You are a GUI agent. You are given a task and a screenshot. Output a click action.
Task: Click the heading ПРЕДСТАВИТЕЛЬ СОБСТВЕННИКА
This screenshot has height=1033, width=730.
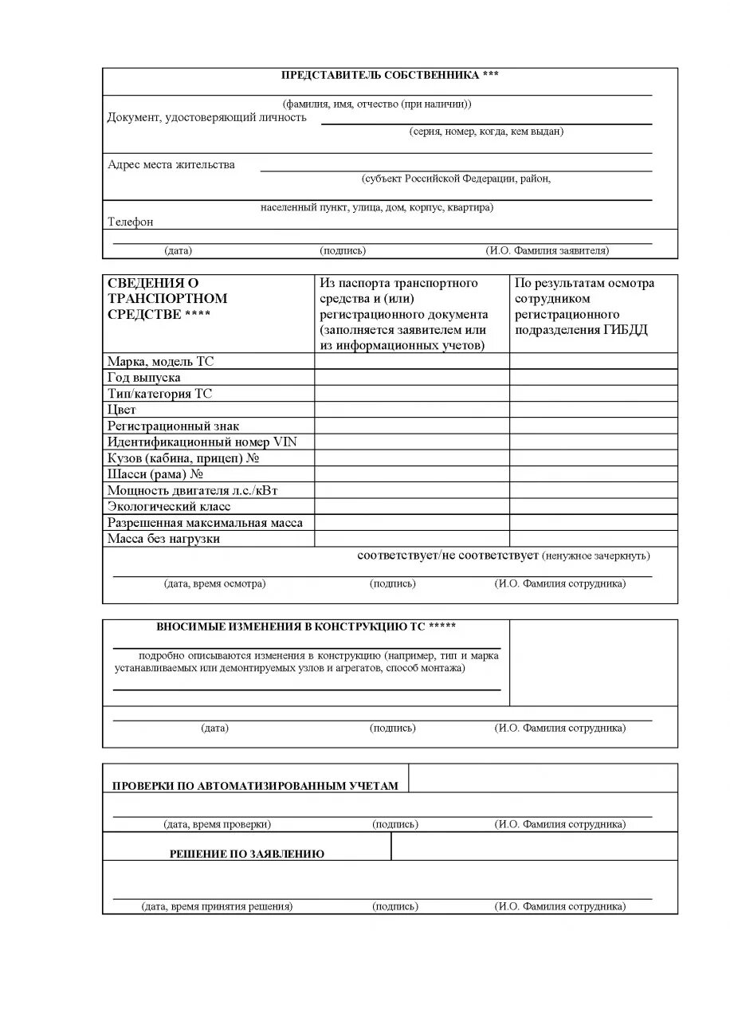tap(390, 75)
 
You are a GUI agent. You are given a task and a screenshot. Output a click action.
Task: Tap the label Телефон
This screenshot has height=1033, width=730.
tap(131, 222)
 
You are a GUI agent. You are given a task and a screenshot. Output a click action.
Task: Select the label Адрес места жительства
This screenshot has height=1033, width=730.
tap(171, 165)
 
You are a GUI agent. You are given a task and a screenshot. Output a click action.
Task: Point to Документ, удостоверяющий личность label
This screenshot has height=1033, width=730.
tap(206, 118)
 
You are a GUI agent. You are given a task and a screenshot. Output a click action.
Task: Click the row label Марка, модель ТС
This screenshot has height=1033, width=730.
tap(160, 362)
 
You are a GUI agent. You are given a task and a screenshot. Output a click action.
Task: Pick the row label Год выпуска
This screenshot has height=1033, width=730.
tap(144, 378)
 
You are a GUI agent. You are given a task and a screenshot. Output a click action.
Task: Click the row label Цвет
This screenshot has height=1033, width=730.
tap(122, 410)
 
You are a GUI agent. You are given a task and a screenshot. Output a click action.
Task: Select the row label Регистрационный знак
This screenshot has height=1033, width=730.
tap(173, 426)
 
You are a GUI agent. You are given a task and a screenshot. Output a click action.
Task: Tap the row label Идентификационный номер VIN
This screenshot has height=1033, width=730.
tap(202, 442)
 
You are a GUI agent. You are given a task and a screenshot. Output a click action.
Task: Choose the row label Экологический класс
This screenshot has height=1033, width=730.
tap(169, 506)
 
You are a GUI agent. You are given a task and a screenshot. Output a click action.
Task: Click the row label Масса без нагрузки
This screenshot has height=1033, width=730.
tap(163, 539)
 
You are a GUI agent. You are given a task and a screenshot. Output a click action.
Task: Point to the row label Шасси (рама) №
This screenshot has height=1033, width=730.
tap(157, 474)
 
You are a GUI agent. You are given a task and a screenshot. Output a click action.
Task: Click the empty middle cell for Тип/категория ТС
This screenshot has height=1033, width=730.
tap(411, 394)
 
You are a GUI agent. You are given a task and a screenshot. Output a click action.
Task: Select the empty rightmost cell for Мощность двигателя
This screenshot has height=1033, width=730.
tap(593, 490)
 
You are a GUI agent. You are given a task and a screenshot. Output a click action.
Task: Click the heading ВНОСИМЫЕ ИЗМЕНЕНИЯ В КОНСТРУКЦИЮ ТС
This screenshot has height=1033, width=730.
tap(306, 626)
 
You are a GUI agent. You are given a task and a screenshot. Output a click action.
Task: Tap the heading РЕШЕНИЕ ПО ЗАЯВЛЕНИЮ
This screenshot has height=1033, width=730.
tap(247, 854)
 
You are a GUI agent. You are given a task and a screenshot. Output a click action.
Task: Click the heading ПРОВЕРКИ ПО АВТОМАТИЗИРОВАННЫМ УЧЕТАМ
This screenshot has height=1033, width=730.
tap(254, 786)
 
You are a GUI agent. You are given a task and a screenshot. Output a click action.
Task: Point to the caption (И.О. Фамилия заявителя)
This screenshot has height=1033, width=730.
tap(547, 250)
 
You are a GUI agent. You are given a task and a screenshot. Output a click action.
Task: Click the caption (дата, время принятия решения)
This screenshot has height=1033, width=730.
tap(217, 906)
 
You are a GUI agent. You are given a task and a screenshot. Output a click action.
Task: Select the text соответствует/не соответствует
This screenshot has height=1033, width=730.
tap(449, 555)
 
